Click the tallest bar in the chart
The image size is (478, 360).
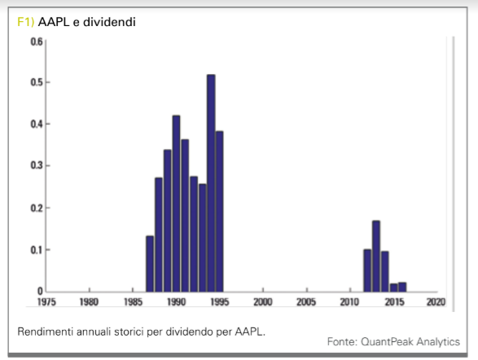pyautogui.click(x=211, y=183)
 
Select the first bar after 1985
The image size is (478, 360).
pyautogui.click(x=150, y=264)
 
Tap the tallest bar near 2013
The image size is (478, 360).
pyautogui.click(x=376, y=256)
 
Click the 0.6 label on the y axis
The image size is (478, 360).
pyautogui.click(x=37, y=42)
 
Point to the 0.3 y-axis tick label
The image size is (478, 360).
pyautogui.click(x=37, y=165)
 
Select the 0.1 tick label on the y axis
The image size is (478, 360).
pyautogui.click(x=37, y=250)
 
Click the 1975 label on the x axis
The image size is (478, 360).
pyautogui.click(x=46, y=302)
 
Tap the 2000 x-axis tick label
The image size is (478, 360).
pyautogui.click(x=263, y=302)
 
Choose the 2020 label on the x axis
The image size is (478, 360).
pyautogui.click(x=436, y=302)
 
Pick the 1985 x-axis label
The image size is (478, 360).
pyautogui.click(x=133, y=302)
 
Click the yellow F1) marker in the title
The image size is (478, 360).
pyautogui.click(x=25, y=22)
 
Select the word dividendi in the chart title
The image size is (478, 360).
pyautogui.click(x=109, y=22)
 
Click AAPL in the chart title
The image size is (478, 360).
pyautogui.click(x=54, y=22)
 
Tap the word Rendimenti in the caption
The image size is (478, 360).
pyautogui.click(x=46, y=331)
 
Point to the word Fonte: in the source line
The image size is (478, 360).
pyautogui.click(x=342, y=342)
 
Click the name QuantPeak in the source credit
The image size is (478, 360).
pyautogui.click(x=387, y=342)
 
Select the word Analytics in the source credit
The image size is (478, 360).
pyautogui.click(x=438, y=342)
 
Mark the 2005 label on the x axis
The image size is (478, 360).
pyautogui.click(x=306, y=302)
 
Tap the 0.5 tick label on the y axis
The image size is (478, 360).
pyautogui.click(x=37, y=82)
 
